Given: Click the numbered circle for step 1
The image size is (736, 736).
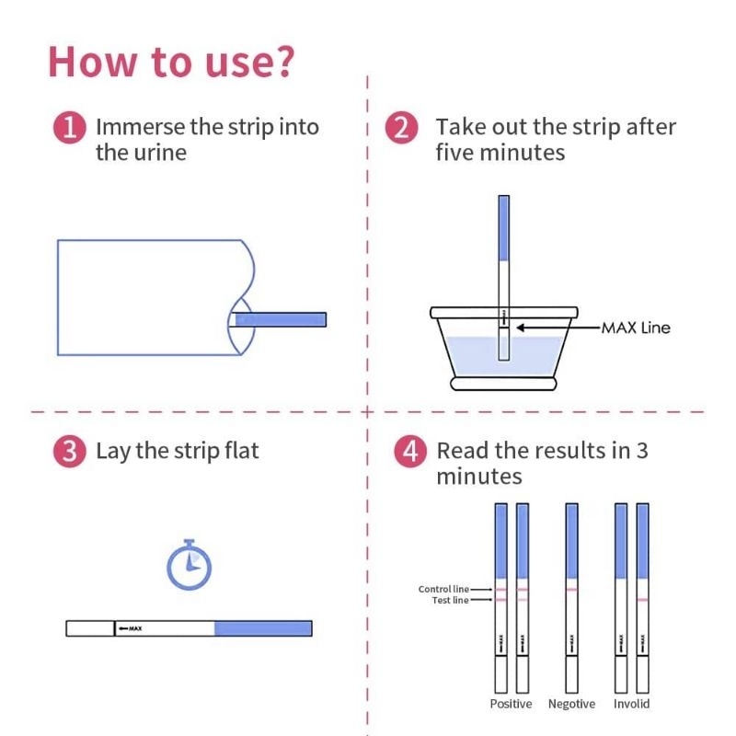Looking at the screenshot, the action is click(70, 127).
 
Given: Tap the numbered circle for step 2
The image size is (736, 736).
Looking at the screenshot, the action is click(401, 127).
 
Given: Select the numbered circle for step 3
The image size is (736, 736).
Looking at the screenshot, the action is click(70, 452).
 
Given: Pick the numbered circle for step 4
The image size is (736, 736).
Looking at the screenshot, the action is click(410, 452).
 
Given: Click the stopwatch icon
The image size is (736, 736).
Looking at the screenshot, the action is click(190, 565).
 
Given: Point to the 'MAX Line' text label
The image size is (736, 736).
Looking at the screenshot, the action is click(636, 328).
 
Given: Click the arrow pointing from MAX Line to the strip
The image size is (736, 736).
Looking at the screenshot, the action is click(558, 328).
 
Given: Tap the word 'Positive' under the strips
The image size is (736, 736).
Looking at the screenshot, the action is click(511, 704).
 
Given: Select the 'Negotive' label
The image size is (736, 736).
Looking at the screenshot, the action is click(571, 704).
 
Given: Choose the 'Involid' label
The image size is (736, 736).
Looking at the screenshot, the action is click(631, 704).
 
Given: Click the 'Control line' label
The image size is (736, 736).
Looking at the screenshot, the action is click(443, 589).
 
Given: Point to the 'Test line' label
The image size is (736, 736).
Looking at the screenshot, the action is click(450, 601).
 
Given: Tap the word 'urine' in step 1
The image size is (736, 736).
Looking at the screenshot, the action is click(160, 153).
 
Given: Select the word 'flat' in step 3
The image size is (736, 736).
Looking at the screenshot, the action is click(241, 451).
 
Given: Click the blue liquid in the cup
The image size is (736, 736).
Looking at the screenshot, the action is click(503, 355).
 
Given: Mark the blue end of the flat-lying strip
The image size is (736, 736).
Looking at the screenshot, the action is click(263, 628).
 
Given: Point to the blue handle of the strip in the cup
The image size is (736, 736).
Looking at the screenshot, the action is click(503, 228).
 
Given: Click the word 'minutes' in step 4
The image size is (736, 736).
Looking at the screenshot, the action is click(479, 477).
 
